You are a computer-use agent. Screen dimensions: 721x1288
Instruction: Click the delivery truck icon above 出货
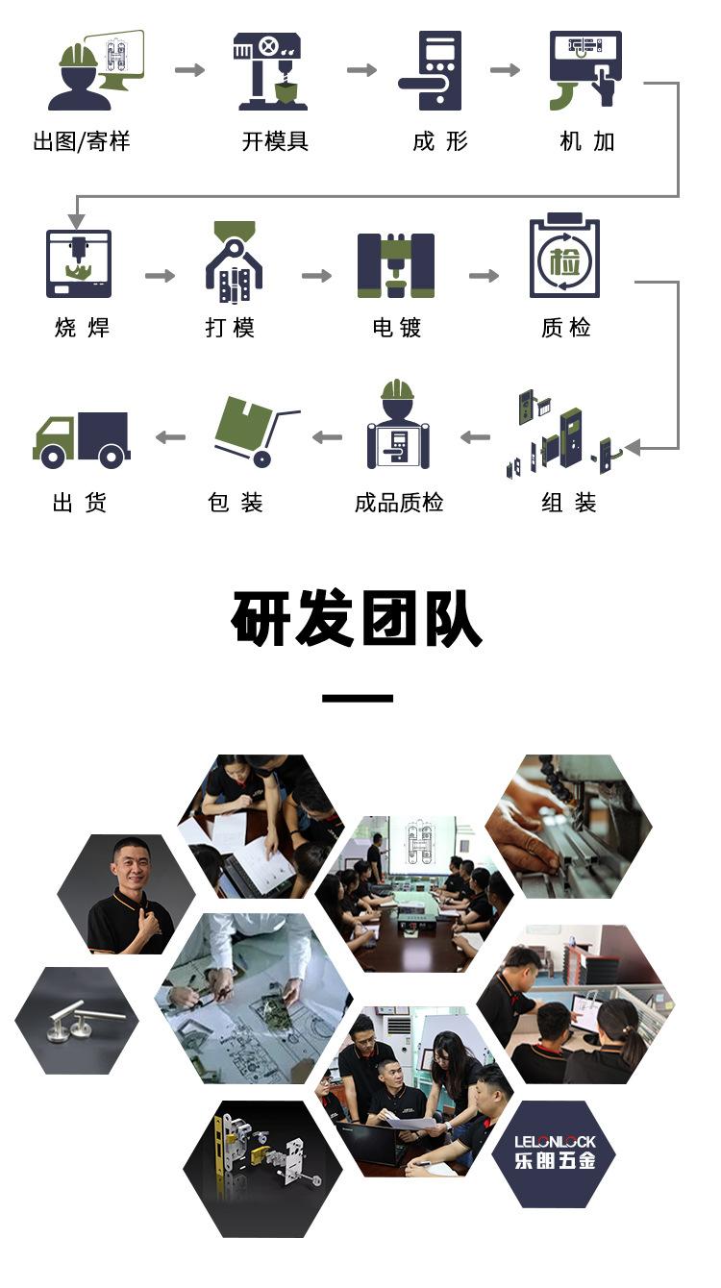pyautogui.click(x=82, y=440)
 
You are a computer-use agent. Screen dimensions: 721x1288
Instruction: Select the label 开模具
pyautogui.click(x=275, y=142)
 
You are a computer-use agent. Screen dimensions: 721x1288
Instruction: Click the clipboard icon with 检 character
pyautogui.click(x=564, y=260)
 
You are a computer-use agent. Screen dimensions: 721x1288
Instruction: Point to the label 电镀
pyautogui.click(x=397, y=328)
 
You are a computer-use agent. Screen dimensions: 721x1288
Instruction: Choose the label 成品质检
pyautogui.click(x=399, y=503)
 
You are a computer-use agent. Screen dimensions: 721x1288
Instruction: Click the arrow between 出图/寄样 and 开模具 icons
pyautogui.click(x=189, y=69)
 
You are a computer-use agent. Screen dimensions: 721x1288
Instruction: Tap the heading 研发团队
pyautogui.click(x=357, y=620)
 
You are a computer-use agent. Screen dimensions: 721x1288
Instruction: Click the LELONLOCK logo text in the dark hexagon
pyautogui.click(x=555, y=1142)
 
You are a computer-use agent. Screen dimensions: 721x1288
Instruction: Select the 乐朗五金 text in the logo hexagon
pyautogui.click(x=555, y=1160)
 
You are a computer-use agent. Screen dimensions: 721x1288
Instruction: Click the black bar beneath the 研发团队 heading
pyautogui.click(x=358, y=698)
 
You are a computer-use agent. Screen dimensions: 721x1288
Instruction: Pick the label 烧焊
pyautogui.click(x=82, y=328)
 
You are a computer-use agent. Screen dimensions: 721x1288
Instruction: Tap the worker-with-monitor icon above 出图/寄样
pyautogui.click(x=95, y=70)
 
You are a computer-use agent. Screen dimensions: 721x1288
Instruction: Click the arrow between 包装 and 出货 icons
pyautogui.click(x=170, y=437)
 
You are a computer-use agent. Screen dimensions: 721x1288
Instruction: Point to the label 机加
pyautogui.click(x=586, y=142)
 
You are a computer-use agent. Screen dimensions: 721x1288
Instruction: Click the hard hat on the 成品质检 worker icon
pyautogui.click(x=397, y=389)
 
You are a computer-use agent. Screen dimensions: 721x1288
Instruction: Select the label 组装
pyautogui.click(x=568, y=503)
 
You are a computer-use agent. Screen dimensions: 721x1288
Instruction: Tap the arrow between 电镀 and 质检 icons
pyautogui.click(x=484, y=276)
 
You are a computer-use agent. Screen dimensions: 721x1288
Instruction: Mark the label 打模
pyautogui.click(x=230, y=328)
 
